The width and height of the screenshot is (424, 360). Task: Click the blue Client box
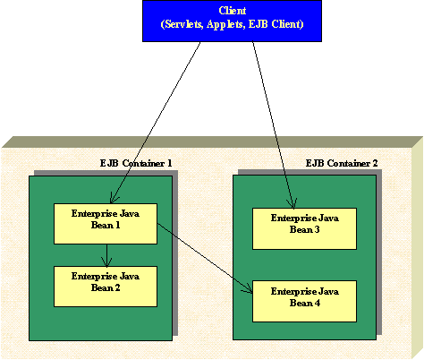232,21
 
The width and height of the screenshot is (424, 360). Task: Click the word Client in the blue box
233,11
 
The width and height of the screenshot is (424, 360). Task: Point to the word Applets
226,24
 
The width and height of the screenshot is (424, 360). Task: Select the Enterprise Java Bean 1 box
106,224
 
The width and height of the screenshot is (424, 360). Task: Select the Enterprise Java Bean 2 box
106,287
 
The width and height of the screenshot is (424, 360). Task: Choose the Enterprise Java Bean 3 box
304,228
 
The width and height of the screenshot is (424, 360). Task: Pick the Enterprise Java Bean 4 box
304,301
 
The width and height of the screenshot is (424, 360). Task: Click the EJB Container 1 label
136,163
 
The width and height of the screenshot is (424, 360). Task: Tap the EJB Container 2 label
342,163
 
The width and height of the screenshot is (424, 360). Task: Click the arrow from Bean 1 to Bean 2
106,255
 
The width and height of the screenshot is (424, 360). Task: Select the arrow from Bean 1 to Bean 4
205,258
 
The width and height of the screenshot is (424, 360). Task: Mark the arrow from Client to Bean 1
156,123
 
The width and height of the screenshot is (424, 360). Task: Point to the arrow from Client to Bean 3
274,124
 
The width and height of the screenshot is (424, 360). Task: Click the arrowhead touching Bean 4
248,288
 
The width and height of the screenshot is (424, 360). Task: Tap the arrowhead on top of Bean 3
293,203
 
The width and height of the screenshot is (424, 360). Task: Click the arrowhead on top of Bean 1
114,199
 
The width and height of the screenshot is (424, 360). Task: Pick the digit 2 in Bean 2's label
117,287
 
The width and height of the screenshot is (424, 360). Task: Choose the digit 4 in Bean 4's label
318,303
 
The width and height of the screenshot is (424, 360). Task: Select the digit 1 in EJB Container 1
170,163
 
